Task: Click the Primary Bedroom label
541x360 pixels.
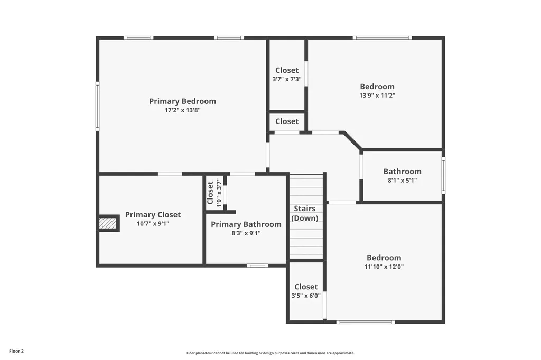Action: coord(182,101)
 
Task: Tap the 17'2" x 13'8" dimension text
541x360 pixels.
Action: coord(182,110)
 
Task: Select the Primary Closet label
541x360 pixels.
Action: coord(153,215)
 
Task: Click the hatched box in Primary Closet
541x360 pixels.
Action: coord(108,223)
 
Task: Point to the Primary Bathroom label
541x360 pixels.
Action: coord(246,224)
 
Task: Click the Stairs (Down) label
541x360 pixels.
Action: coord(305,213)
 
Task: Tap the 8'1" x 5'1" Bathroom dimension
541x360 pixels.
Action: coord(402,181)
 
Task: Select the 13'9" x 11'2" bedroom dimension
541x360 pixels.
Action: coord(377,96)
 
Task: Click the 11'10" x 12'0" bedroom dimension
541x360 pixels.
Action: coord(384,267)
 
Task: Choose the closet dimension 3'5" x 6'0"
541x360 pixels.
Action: coord(306,296)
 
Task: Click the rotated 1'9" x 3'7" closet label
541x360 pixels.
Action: coord(218,193)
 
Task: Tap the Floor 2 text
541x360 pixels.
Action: coord(16,352)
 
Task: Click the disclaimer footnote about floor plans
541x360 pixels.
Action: coord(270,353)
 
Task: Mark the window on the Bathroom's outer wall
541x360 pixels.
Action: coord(443,175)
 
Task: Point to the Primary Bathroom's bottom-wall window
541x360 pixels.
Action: coord(257,266)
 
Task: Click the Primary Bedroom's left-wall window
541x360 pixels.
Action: coord(98,106)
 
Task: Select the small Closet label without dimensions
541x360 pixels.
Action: coord(287,122)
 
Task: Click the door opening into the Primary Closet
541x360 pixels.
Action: coord(170,174)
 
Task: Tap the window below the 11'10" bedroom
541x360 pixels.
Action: coord(366,322)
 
